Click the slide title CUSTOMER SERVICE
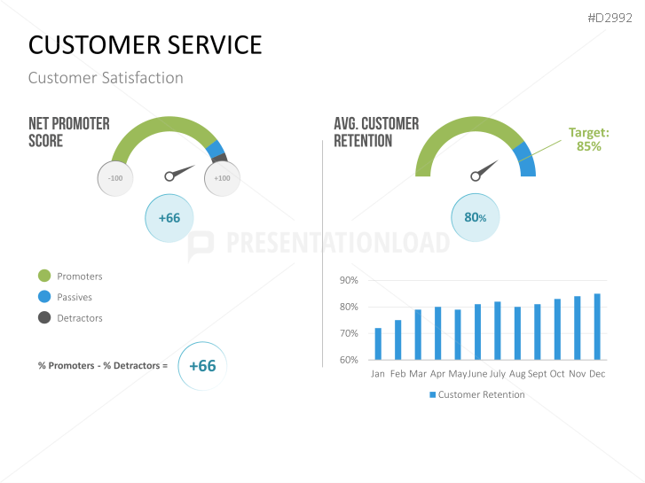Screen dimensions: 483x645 click(146, 44)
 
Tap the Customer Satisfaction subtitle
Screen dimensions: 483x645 click(106, 78)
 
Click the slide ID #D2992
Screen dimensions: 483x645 click(611, 16)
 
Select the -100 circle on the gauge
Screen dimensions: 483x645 click(115, 178)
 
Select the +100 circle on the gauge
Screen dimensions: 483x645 click(222, 178)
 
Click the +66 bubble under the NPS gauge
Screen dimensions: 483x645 click(169, 218)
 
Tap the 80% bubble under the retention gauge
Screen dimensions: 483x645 click(476, 218)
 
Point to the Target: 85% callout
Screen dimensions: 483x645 click(589, 139)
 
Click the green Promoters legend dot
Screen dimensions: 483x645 click(44, 277)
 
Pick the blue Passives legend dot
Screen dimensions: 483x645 click(44, 297)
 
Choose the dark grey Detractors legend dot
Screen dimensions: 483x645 click(44, 317)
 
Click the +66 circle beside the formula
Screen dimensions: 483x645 click(202, 365)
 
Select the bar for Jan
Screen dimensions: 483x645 click(378, 344)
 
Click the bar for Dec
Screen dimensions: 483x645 click(597, 327)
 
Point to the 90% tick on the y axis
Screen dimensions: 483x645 click(349, 280)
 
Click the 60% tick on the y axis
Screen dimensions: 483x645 click(349, 360)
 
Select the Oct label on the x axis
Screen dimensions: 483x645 click(557, 374)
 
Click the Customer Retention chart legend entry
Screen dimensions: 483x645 click(476, 394)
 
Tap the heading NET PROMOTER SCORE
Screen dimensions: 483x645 click(69, 132)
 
